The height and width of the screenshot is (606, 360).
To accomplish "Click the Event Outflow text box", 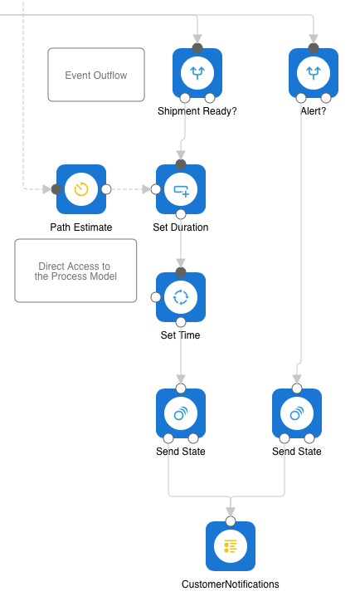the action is click(x=96, y=75).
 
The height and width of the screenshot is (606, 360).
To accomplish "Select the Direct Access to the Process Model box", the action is click(x=75, y=271).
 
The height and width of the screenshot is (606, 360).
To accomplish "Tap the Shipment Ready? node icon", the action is click(x=197, y=73).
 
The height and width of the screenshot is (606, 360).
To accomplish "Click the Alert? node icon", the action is click(x=314, y=73).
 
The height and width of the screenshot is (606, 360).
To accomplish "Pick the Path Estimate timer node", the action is click(x=81, y=189).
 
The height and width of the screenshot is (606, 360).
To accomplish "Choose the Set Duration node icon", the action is click(x=181, y=189).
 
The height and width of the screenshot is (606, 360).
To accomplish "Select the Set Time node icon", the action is click(x=181, y=297).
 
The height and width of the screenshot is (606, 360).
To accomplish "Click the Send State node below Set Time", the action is click(x=181, y=413).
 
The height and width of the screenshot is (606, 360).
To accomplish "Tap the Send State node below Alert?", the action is click(x=297, y=413).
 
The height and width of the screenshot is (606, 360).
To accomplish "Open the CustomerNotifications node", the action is click(x=231, y=546).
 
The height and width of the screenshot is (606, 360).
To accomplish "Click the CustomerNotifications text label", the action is click(x=231, y=584).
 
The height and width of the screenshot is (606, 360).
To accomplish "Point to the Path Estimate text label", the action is click(x=81, y=227).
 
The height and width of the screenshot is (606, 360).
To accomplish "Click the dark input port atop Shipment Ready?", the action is click(x=197, y=48).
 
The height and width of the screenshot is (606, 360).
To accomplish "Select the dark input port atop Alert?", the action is click(x=314, y=48).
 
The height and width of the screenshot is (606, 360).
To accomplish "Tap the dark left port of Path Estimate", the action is click(x=56, y=189).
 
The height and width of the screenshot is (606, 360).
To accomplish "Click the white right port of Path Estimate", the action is click(x=106, y=189).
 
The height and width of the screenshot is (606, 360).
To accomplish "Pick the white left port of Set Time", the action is click(x=156, y=297).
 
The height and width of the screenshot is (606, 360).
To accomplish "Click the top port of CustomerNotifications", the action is click(x=231, y=521).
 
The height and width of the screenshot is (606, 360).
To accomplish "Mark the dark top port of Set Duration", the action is click(x=181, y=164).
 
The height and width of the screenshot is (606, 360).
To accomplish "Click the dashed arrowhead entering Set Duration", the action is click(x=146, y=189).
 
